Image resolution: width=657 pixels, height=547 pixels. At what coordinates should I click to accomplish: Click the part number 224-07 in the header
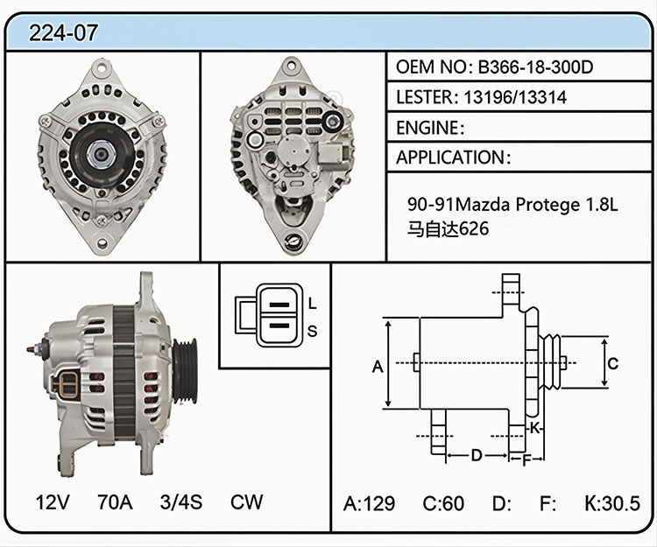[x=63, y=32]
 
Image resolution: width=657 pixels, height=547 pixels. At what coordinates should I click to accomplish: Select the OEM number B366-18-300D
[x=535, y=67]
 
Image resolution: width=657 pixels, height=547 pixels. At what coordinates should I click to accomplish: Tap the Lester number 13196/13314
[x=515, y=97]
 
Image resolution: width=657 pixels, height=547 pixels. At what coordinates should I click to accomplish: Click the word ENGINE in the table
[x=427, y=128]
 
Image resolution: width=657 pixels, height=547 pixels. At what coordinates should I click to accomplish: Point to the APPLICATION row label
[x=450, y=158]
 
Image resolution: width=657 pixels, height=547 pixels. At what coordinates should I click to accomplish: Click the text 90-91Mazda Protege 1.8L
[x=512, y=204]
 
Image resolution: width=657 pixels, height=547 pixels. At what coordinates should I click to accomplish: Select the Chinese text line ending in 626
[x=448, y=228]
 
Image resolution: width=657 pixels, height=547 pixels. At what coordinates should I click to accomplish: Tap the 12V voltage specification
[x=53, y=501]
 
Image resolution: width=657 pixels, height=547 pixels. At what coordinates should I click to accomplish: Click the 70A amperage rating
[x=115, y=501]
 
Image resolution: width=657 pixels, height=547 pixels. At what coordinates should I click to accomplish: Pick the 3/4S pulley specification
[x=181, y=501]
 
